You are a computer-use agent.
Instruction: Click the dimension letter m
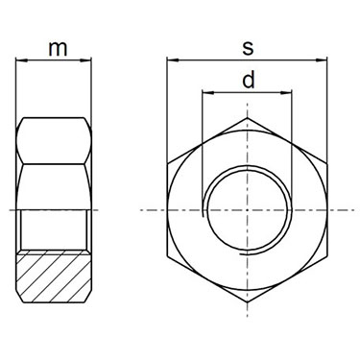[58, 49]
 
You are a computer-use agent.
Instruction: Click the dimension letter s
[248, 49]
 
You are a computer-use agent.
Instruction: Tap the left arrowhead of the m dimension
[20, 60]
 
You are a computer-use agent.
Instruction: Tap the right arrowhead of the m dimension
[86, 60]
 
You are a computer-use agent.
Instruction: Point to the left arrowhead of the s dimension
[172, 60]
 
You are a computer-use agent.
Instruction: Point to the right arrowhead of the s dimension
[322, 60]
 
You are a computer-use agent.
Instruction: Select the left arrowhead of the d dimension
[207, 93]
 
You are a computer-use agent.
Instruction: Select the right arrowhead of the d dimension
[287, 93]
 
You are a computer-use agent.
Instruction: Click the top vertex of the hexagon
[248, 118]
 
